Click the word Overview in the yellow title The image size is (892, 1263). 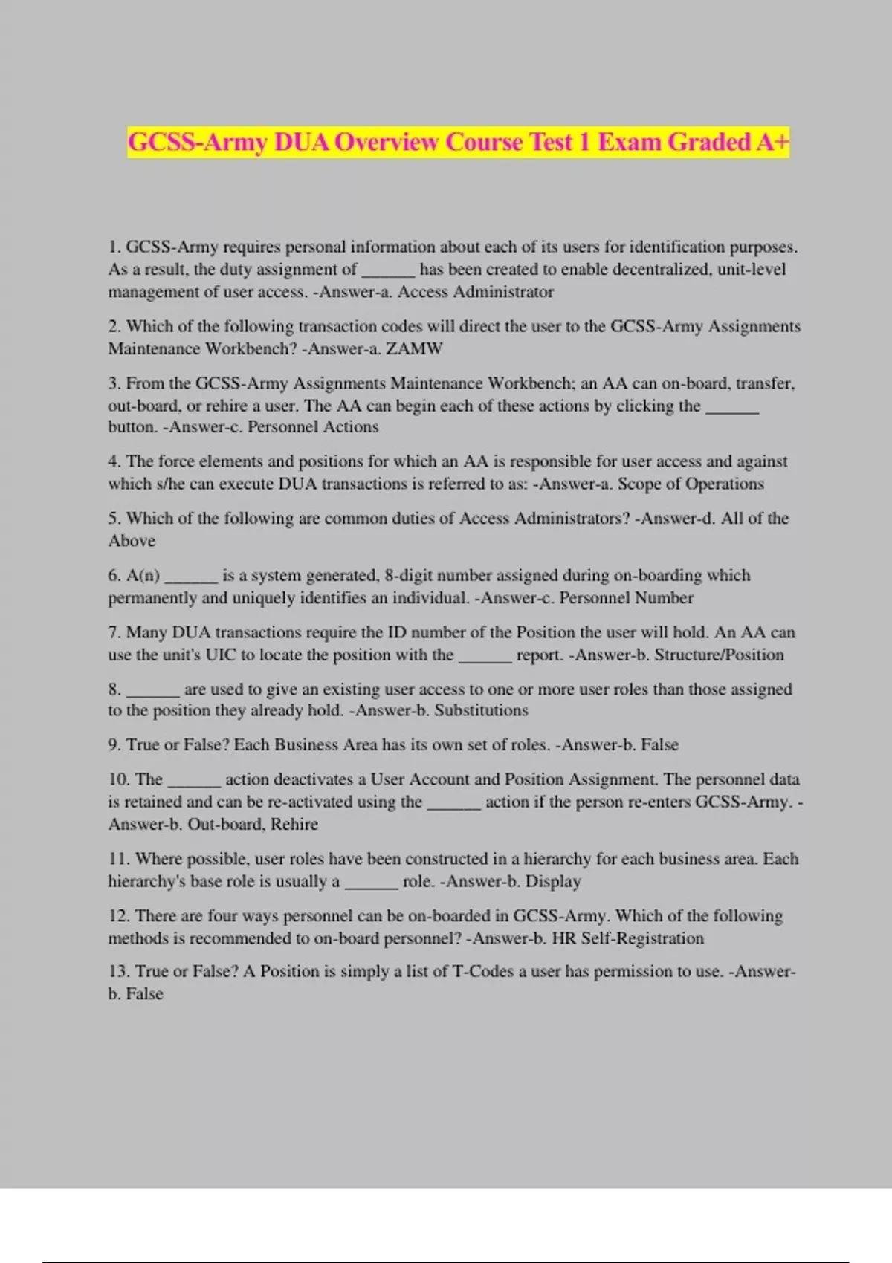coord(386,142)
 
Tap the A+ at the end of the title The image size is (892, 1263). coord(772,142)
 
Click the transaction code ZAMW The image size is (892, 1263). coord(414,348)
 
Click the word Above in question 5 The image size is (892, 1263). coord(132,541)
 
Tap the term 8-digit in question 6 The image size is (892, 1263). coord(408,575)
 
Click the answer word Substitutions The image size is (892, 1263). coord(481,710)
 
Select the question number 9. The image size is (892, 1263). coord(114,745)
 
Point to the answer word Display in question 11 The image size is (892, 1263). coord(553,881)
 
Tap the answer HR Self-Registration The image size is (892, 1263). coord(627,938)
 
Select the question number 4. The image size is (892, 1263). coord(114,461)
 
